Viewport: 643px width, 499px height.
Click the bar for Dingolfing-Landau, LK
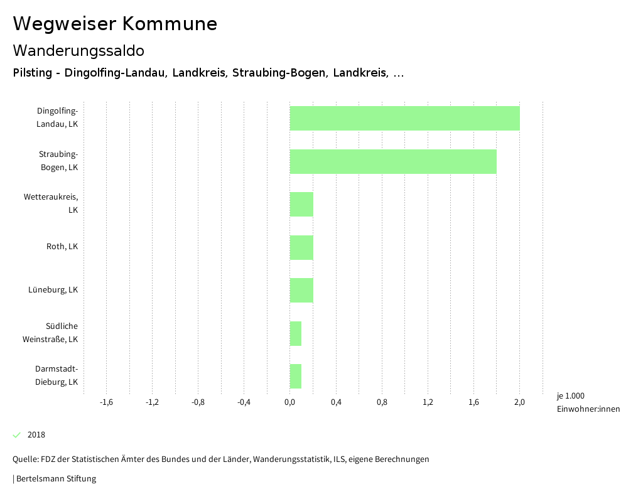coord(404,118)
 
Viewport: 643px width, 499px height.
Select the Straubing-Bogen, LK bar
coord(393,161)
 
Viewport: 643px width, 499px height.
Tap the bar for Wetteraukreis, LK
coord(301,204)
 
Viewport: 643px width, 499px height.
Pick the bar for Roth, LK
coord(301,247)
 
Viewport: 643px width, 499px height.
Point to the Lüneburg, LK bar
coord(301,290)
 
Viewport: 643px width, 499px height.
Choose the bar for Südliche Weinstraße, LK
coord(296,333)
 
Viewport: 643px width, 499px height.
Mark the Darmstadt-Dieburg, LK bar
coord(296,376)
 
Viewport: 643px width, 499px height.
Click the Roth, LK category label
coord(62,247)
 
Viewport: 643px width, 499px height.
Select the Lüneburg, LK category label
coord(53,290)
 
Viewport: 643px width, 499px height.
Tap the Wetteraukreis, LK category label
coord(51,203)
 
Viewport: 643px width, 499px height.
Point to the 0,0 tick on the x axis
coord(289,402)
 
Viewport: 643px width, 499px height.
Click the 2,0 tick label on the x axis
coord(519,402)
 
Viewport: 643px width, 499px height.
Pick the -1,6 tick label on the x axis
coord(106,402)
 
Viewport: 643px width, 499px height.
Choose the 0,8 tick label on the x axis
coord(382,402)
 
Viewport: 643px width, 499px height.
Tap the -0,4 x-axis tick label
coord(244,402)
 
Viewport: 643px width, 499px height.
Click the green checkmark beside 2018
coord(17,435)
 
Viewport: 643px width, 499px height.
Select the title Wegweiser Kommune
coord(115,24)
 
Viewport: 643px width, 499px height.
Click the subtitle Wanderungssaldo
coord(78,50)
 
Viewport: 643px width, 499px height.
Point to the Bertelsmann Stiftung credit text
coord(55,479)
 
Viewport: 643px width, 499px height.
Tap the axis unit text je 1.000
coord(570,396)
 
